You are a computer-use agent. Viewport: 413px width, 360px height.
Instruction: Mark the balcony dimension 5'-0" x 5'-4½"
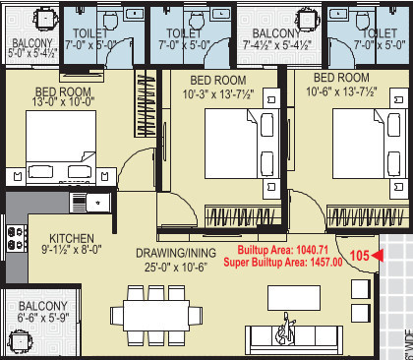(29, 52)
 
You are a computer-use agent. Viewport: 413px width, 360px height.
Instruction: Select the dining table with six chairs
(152, 317)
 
